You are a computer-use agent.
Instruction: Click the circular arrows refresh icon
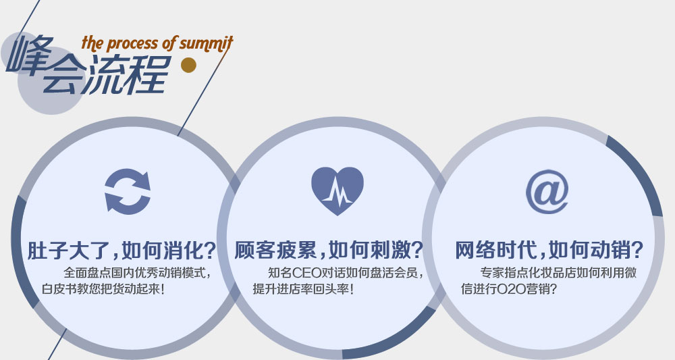coord(128,192)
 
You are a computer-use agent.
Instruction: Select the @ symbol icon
coord(547,192)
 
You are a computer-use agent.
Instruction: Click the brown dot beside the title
coord(188,65)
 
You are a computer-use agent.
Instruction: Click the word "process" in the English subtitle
coord(132,44)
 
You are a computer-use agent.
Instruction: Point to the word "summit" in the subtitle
coord(206,43)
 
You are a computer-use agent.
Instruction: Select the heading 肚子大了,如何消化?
coord(122,250)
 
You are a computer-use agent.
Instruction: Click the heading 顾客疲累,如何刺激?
coord(329,250)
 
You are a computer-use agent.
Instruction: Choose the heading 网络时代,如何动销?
coord(549,250)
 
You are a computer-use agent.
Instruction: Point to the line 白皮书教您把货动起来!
coord(103,289)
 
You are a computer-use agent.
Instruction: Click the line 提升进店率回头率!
coord(303,289)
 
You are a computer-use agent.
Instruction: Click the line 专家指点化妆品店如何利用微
coord(558,273)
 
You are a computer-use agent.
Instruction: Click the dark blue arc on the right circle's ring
coord(640,172)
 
